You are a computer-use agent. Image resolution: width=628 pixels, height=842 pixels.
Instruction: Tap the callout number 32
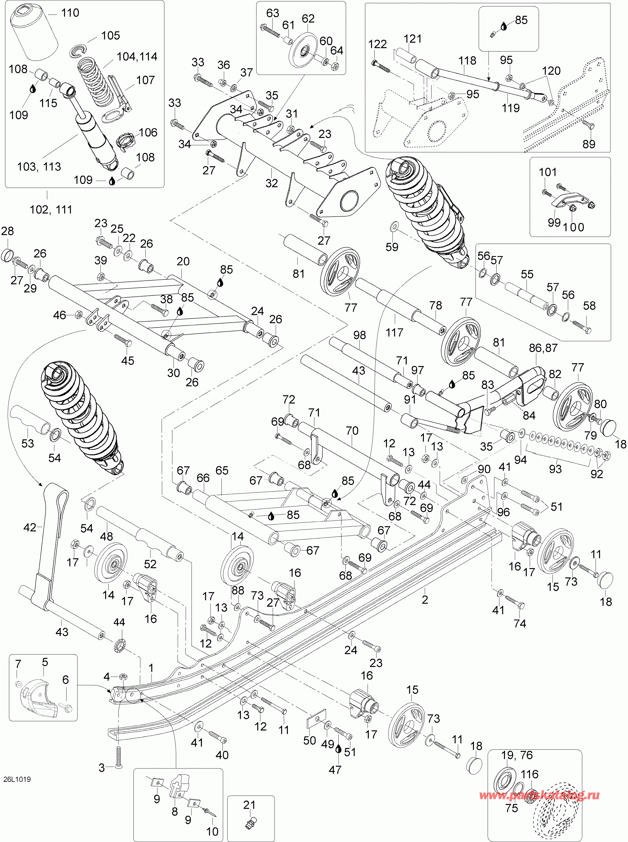(x=271, y=183)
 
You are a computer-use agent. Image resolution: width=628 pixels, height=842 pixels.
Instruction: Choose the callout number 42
(x=30, y=527)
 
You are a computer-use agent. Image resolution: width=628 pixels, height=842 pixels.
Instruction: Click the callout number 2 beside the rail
(x=425, y=600)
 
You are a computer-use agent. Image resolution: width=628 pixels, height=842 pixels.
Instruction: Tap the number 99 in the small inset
(x=554, y=222)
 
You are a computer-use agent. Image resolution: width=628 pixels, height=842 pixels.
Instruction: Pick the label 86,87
(x=543, y=348)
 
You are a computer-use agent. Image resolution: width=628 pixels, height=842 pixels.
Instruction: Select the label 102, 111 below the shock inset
(x=51, y=210)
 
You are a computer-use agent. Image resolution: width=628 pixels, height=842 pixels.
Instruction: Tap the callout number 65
(x=222, y=470)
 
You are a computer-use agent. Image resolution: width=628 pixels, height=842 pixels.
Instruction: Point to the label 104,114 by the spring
(x=137, y=57)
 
